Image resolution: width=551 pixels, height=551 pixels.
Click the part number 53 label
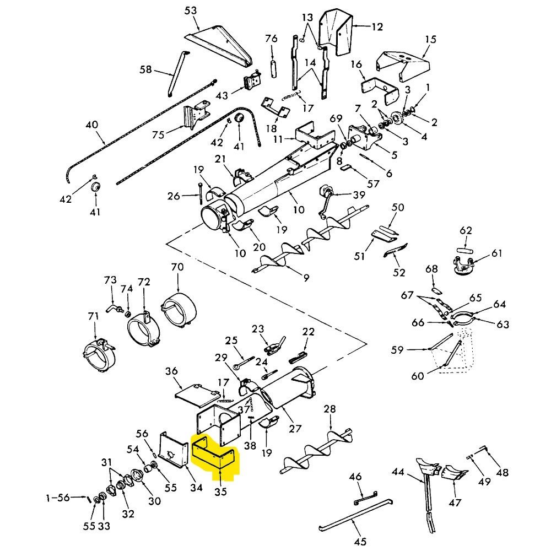pyautogui.click(x=191, y=11)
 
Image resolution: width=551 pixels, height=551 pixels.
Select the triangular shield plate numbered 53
pyautogui.click(x=222, y=46)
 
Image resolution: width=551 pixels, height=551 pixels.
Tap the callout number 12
pyautogui.click(x=377, y=26)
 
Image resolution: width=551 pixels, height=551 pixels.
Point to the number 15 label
pyautogui.click(x=431, y=39)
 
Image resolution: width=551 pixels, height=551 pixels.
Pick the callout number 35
pyautogui.click(x=221, y=491)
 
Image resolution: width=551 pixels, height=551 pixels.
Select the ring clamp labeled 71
pyautogui.click(x=99, y=356)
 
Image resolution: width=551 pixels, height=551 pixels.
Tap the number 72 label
pyautogui.click(x=144, y=282)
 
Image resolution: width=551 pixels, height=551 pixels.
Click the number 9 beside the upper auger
pyautogui.click(x=306, y=278)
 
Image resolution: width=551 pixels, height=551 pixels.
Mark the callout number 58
pyautogui.click(x=145, y=69)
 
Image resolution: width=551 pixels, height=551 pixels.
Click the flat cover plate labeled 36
pyautogui.click(x=197, y=395)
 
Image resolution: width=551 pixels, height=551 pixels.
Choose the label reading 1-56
pyautogui.click(x=58, y=498)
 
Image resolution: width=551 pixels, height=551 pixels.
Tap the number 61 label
pyautogui.click(x=497, y=253)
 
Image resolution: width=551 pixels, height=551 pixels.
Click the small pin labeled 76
pyautogui.click(x=272, y=68)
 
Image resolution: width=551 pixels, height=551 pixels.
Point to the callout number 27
pyautogui.click(x=295, y=429)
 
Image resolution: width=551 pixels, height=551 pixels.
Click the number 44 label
pyautogui.click(x=398, y=472)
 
